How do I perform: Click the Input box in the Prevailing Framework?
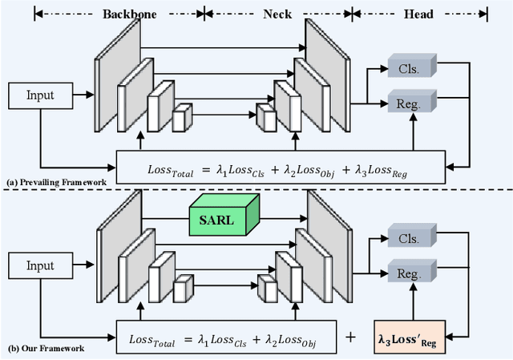pos(40,95)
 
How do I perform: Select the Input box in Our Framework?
pos(40,266)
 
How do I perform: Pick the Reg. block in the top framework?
pos(410,102)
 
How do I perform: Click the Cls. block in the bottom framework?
pos(410,237)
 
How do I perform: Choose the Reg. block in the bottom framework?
pos(410,273)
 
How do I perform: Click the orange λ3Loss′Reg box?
pos(410,338)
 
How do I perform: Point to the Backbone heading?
pos(130,13)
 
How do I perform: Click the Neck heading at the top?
pos(278,13)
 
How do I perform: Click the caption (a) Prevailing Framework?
pos(57,183)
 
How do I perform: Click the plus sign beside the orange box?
pos(349,338)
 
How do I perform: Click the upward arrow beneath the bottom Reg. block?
pos(410,304)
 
